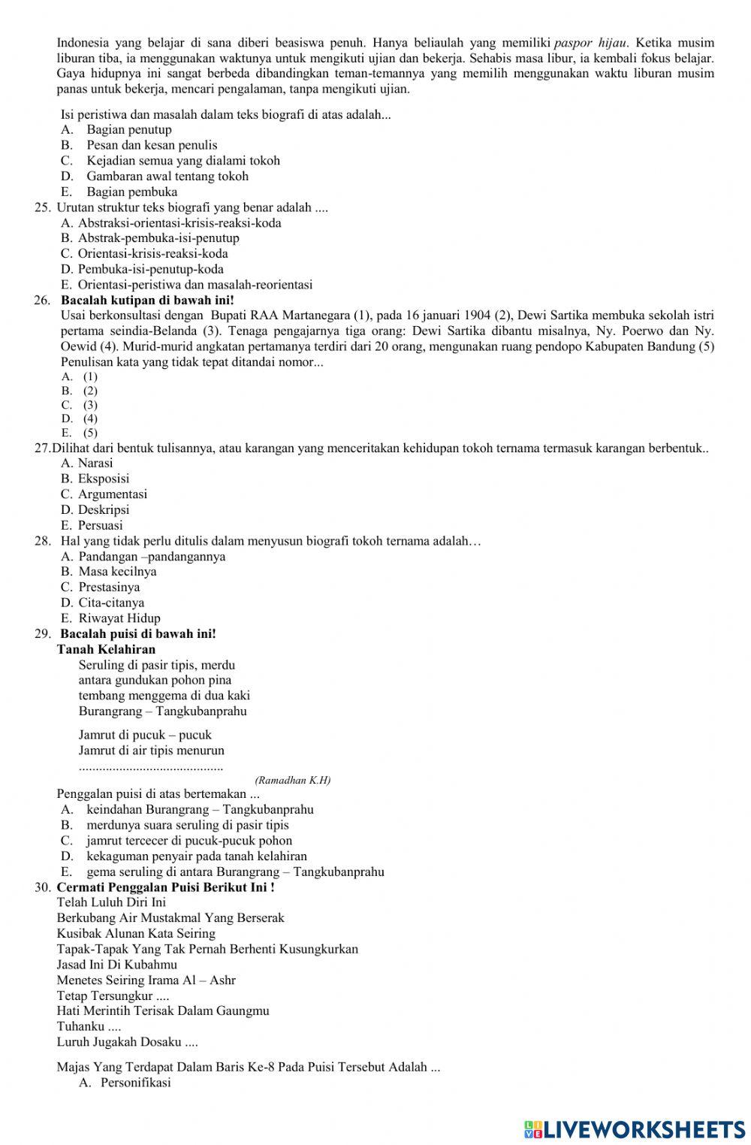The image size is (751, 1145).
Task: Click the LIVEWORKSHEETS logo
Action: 634,1128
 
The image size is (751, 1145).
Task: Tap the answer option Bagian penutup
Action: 128,129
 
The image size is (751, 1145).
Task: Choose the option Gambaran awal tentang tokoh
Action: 167,176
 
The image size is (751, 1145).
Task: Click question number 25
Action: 42,207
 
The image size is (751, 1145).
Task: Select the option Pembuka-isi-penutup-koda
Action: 150,269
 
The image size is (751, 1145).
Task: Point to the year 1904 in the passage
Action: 477,315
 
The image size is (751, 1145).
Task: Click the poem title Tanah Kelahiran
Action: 106,649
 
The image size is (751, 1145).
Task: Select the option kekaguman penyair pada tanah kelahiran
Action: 196,856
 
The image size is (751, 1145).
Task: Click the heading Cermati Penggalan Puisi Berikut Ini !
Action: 165,887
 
